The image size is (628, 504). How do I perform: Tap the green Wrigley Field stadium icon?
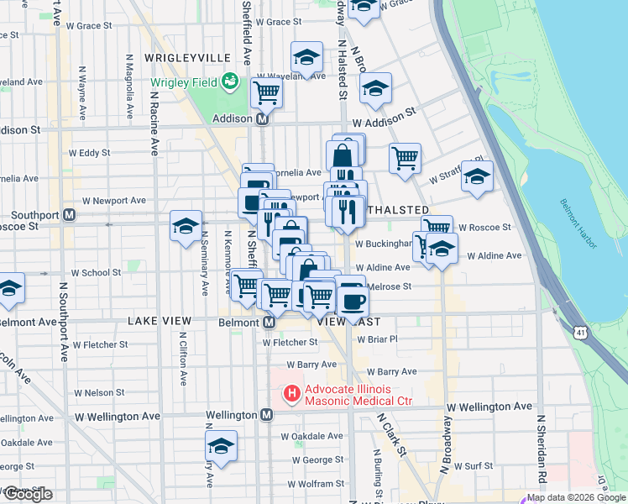point(229,82)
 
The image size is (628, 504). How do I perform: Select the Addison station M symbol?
point(262,119)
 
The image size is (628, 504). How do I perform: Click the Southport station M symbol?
point(71,214)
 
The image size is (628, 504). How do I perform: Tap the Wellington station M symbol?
point(266,415)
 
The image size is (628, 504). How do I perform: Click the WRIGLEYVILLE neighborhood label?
point(187,57)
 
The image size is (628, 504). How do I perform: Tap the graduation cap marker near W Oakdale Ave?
point(221,446)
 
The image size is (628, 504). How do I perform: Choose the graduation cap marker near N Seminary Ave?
point(186,225)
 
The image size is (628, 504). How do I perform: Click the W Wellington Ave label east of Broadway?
point(489,407)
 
